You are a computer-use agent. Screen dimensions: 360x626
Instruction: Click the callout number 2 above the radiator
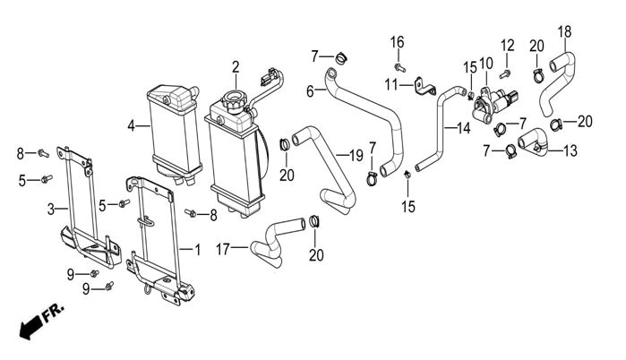[236, 66]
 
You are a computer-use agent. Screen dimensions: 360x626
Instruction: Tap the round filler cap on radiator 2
[236, 102]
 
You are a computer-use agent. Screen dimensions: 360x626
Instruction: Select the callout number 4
[132, 126]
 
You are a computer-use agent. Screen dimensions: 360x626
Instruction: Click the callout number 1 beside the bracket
[198, 245]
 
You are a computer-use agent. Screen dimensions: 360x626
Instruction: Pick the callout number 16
[397, 41]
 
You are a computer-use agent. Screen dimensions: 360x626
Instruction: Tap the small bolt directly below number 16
[399, 66]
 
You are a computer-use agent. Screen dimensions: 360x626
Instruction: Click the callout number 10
[486, 63]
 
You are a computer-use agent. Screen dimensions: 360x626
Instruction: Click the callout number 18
[564, 33]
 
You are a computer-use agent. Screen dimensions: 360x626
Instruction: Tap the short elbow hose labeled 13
[534, 141]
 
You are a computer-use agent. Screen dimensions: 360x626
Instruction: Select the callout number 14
[463, 128]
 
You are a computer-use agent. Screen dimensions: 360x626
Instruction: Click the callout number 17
[223, 248]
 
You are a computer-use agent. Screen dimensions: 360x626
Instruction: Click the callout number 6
[310, 91]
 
